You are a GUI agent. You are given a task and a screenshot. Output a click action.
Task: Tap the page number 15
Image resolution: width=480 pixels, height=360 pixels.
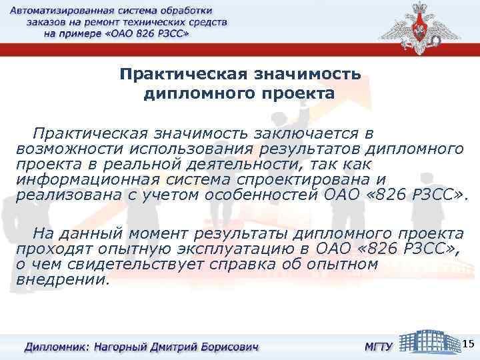[x=468, y=343]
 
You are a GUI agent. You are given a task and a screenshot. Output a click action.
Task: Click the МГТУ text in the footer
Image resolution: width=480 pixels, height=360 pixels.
[x=378, y=347]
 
